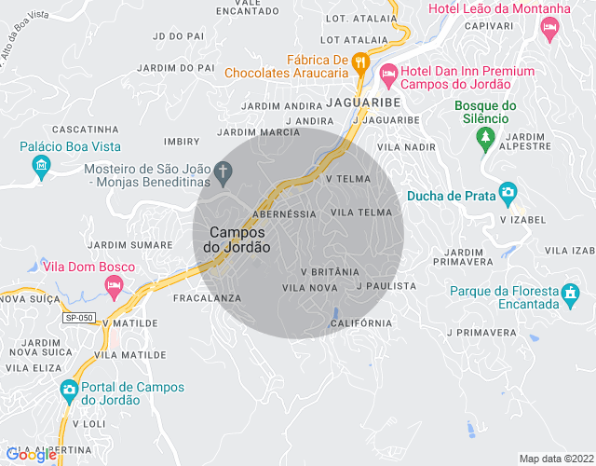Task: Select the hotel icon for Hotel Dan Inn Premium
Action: point(389,72)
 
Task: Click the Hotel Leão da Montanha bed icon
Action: point(550,29)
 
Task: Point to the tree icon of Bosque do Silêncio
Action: point(484,140)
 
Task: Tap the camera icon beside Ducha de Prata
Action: point(508,194)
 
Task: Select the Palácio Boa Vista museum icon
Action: point(40,168)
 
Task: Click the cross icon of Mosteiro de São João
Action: point(222,171)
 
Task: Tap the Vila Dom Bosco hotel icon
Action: point(115,288)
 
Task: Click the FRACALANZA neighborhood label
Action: point(207,298)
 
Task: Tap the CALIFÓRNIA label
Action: point(361,323)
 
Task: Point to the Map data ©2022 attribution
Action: point(555,459)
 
